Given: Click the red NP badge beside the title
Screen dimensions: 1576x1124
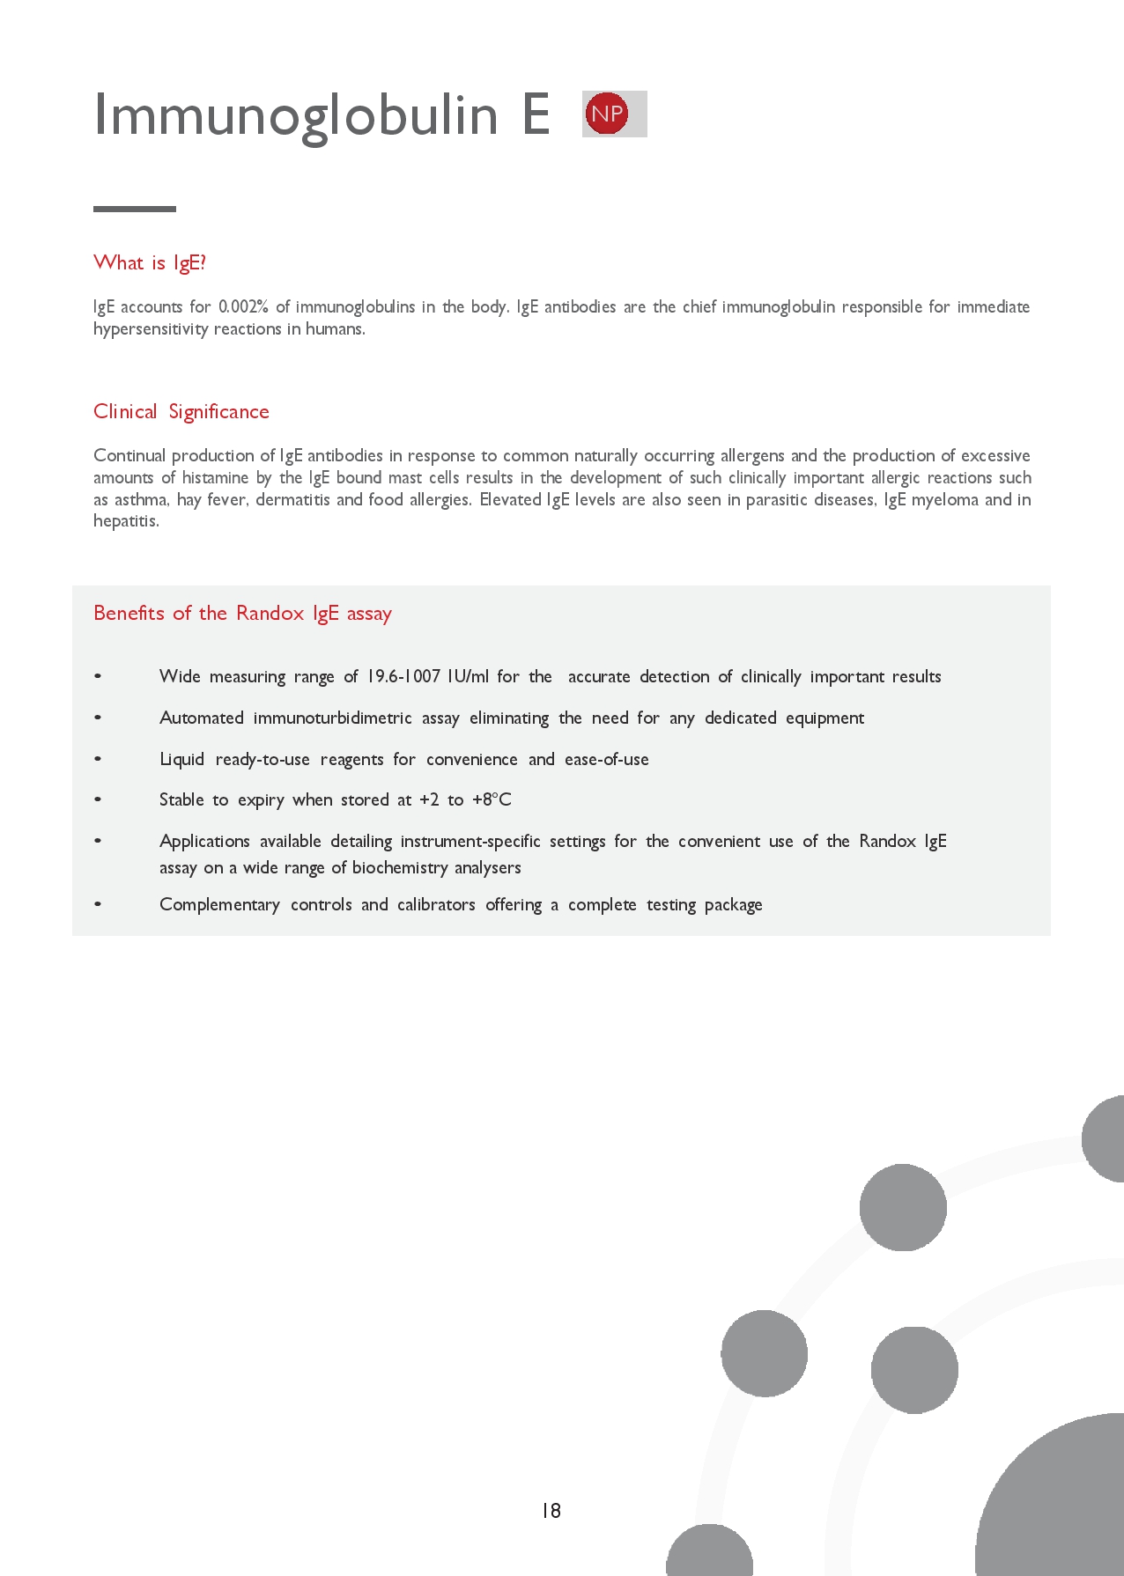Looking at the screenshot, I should coord(607,114).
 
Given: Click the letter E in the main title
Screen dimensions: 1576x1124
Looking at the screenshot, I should coord(536,114).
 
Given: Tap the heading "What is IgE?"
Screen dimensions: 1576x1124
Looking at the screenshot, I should coord(150,262).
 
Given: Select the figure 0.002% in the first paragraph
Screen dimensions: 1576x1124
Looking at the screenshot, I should coord(243,306).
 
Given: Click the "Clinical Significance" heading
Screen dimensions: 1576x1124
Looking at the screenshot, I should coord(181,411).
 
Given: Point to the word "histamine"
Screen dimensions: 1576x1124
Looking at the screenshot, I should coord(215,477).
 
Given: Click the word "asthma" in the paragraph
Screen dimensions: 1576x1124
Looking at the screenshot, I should coord(141,499).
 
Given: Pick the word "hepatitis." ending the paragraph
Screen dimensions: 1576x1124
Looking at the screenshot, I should coord(126,520).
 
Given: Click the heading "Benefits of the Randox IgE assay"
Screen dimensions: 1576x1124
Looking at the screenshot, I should coord(242,613).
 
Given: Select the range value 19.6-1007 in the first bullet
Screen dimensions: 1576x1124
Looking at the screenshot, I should coord(403,676).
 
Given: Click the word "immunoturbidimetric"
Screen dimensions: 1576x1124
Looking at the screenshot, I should coord(332,718).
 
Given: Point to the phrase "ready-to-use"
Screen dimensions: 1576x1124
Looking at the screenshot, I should coord(263,759).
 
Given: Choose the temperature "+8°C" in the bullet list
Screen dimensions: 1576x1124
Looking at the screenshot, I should coord(492,799).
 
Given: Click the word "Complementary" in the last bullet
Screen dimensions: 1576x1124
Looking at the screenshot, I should coord(219,904).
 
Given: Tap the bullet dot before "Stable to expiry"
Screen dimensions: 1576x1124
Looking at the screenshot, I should coord(98,799).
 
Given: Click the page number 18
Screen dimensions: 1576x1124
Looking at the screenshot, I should coord(551,1511).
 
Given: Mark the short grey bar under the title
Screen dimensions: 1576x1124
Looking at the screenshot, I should coord(135,209).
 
